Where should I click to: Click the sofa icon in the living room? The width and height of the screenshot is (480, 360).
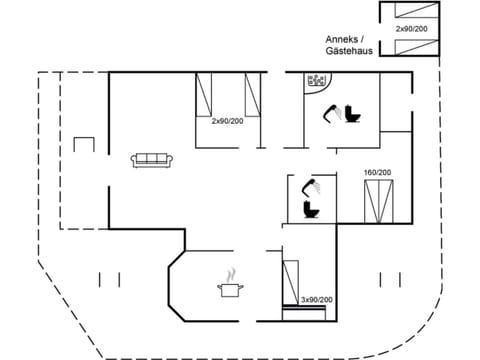coord(153,159)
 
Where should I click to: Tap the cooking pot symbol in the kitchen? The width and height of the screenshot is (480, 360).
coord(230,290)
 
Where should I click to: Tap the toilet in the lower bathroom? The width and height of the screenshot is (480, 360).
coord(310,210)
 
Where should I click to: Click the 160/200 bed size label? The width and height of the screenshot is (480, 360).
coord(378,173)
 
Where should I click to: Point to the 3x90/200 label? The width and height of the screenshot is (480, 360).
coord(317,300)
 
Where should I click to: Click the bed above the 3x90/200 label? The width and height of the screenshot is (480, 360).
coord(291,277)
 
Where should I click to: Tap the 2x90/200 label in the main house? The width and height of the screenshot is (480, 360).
coord(227,120)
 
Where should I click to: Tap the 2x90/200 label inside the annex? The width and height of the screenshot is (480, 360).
coord(410,30)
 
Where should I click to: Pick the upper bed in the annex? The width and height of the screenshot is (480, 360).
coord(409,13)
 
